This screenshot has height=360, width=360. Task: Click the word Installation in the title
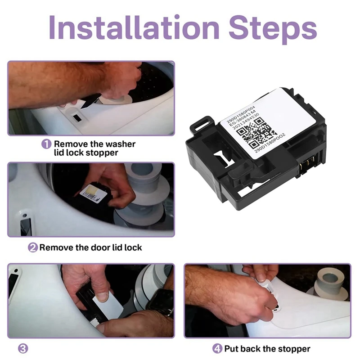click(x=134, y=27)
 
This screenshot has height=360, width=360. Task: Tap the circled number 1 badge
click(x=46, y=144)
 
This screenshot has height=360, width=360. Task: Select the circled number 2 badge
click(x=33, y=248)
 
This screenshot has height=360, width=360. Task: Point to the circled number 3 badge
click(x=23, y=349)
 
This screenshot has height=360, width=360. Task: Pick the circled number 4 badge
click(x=217, y=349)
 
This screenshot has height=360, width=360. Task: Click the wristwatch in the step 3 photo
click(x=160, y=300)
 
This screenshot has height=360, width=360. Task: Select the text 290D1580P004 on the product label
click(x=241, y=114)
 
